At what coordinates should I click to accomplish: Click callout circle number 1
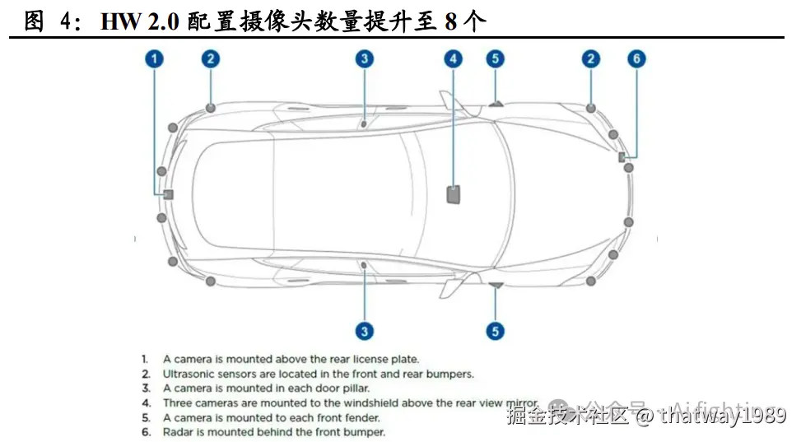tap(156, 58)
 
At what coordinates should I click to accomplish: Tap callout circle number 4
tap(453, 58)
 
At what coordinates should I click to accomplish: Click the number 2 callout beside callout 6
tap(590, 58)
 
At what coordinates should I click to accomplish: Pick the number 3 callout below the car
tap(364, 331)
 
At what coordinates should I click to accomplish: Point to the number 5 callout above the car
tap(494, 58)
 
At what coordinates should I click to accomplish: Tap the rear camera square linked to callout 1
tap(167, 194)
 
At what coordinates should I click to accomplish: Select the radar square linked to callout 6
tap(622, 156)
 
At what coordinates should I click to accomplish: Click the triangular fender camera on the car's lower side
tap(496, 285)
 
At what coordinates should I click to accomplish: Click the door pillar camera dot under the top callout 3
tap(363, 124)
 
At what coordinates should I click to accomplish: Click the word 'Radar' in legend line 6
tap(178, 432)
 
